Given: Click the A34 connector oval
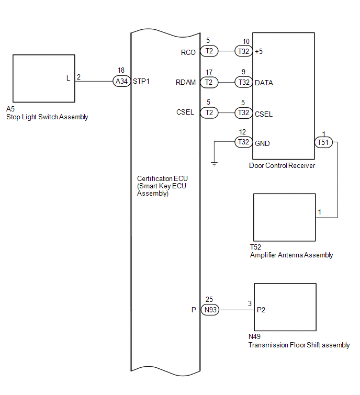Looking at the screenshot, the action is (122, 81).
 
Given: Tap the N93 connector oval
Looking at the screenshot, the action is (210, 310).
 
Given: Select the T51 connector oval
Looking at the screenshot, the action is (323, 142).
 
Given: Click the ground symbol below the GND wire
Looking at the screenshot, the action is (214, 164).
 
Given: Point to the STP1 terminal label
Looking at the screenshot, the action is (141, 82).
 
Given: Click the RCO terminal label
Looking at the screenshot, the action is (188, 52).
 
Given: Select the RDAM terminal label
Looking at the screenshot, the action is (186, 82).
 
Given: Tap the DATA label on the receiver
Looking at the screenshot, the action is (264, 83).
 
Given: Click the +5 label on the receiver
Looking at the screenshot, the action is (258, 51).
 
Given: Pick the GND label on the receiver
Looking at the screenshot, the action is (262, 143).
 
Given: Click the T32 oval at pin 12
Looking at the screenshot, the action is (244, 142).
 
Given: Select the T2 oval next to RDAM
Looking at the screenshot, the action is (209, 82).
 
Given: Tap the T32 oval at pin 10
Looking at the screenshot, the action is (244, 51).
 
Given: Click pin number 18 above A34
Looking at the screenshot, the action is (121, 70).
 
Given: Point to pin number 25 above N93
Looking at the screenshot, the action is (209, 299).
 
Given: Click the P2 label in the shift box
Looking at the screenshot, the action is (261, 310).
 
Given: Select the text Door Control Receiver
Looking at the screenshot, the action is (282, 165).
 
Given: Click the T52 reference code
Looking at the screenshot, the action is (255, 247).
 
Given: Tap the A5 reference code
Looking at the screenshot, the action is (10, 109).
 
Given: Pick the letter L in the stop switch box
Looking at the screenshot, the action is (68, 78).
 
